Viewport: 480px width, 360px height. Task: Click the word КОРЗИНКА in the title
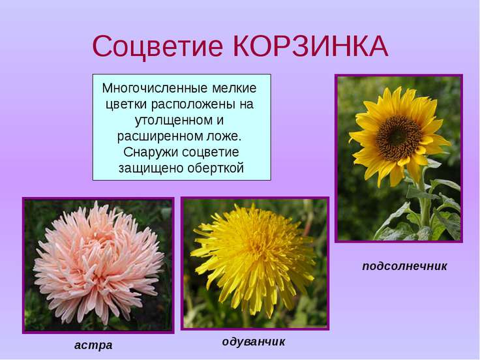tap(311, 46)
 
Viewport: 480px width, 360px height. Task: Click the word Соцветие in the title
tap(157, 47)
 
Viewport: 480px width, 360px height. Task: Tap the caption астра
tap(93, 345)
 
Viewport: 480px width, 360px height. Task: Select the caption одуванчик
tap(254, 342)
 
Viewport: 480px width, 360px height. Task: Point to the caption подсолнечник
tap(404, 266)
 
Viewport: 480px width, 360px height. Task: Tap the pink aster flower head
tap(98, 263)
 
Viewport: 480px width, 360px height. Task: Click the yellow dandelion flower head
tap(254, 260)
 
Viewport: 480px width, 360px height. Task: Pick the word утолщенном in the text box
tap(173, 120)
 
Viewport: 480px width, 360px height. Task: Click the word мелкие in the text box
tap(234, 88)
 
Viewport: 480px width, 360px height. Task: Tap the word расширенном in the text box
tap(160, 136)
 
